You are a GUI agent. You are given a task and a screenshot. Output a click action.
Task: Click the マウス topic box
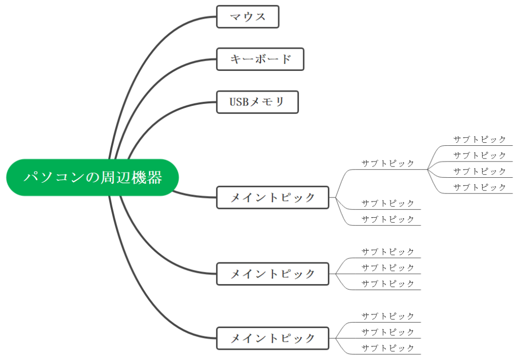247,17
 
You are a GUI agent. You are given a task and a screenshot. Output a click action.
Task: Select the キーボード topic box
260,59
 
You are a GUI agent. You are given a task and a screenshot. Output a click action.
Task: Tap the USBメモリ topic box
257,102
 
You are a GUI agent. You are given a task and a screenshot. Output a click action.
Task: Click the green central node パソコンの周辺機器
93,177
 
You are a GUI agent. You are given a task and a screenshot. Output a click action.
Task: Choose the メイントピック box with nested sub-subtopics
273,197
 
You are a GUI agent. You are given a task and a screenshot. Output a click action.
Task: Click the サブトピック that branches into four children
387,164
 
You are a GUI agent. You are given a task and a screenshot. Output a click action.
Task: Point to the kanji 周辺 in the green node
116,177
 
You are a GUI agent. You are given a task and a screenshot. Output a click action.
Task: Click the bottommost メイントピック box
273,338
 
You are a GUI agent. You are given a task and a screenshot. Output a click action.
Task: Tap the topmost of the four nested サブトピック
479,139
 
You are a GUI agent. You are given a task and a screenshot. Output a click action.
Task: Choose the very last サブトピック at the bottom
387,348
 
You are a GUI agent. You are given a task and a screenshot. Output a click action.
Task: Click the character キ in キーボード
235,59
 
